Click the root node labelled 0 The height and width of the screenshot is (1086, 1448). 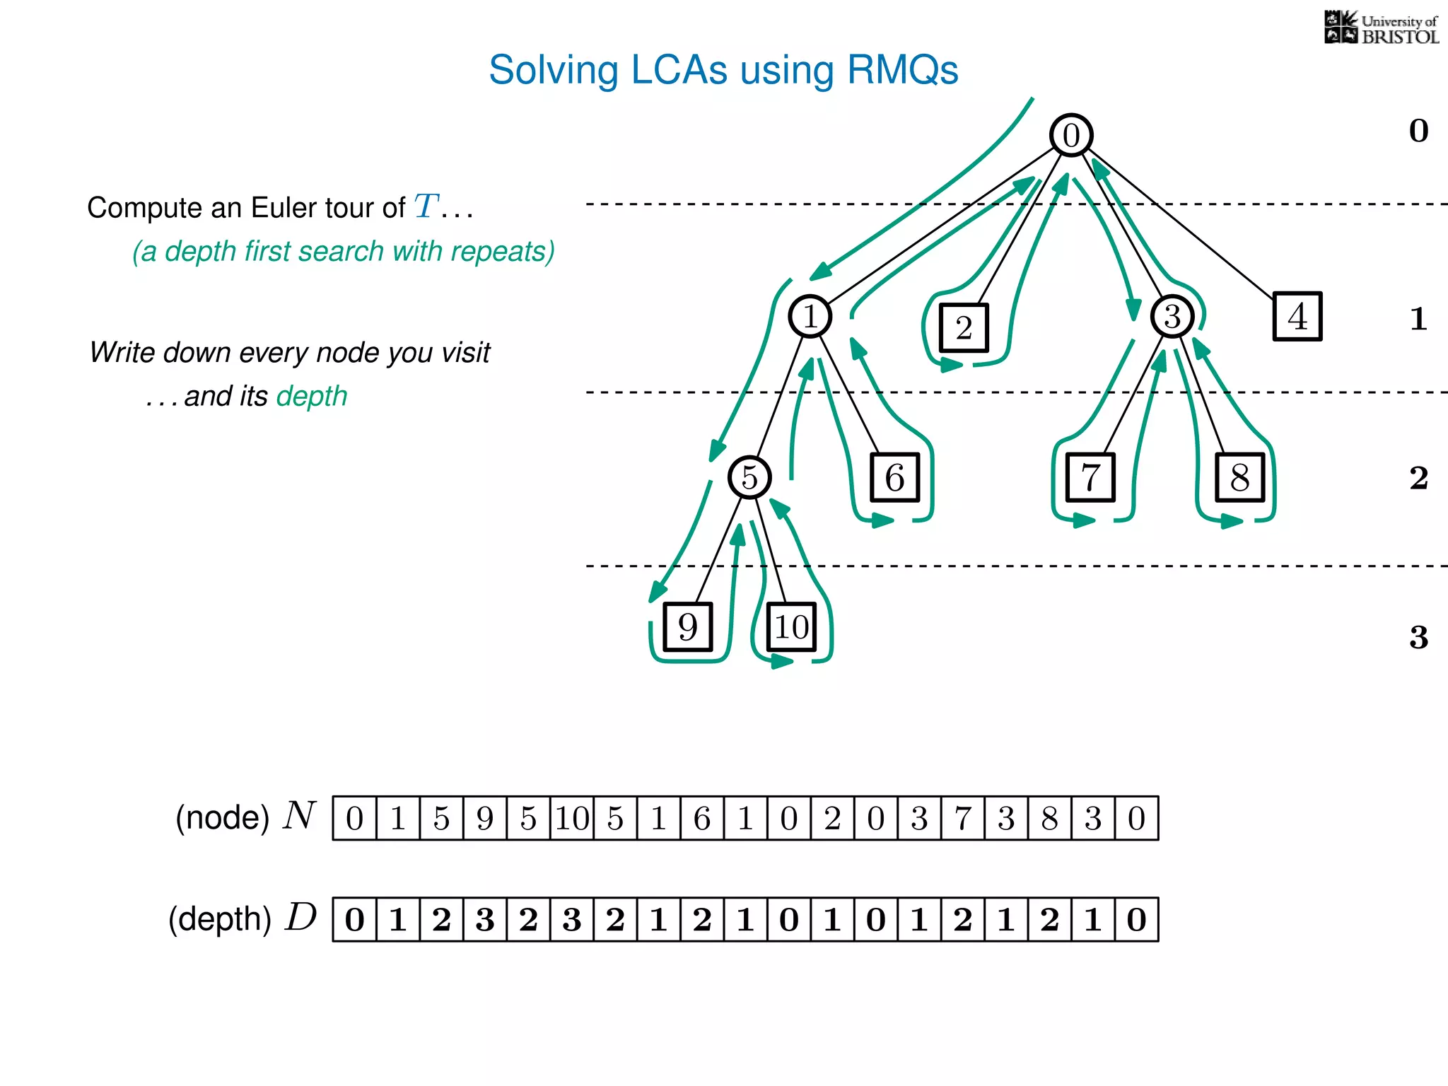1071,135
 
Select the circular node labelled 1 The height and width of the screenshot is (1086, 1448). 810,316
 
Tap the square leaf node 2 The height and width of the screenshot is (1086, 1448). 963,327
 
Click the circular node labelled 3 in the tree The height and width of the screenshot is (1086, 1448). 1172,316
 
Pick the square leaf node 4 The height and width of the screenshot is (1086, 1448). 1297,316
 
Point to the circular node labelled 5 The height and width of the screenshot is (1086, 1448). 749,477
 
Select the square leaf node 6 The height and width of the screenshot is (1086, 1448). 894,477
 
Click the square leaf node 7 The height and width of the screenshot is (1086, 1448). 1090,477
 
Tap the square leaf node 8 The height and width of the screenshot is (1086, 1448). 1239,477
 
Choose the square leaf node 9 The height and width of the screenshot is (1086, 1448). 687,626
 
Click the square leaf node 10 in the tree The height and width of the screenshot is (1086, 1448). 791,626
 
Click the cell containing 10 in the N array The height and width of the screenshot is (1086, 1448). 572,818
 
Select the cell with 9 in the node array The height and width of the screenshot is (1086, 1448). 485,818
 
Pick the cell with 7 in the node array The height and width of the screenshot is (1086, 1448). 962,818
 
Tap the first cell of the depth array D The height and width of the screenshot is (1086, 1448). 354,919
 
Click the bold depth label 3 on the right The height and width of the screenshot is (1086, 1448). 1418,637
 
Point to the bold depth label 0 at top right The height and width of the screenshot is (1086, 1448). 1418,131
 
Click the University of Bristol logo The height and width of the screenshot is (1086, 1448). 1381,28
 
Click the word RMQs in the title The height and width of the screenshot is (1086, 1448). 902,70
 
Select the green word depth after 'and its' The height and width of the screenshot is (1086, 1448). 312,396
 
